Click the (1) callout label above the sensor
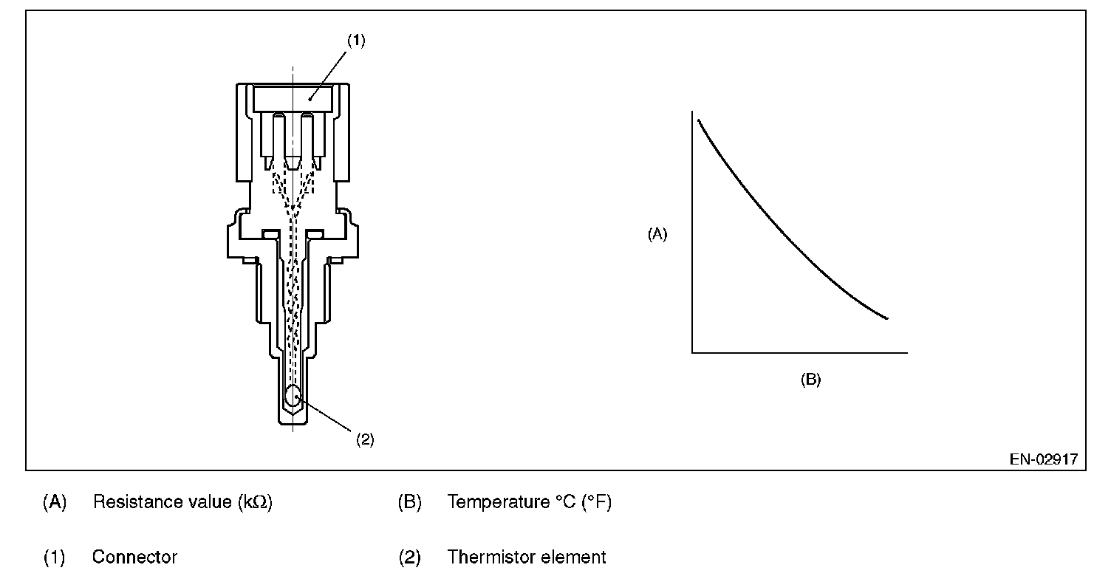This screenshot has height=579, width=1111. (356, 41)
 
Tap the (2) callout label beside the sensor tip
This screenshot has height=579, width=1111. (365, 439)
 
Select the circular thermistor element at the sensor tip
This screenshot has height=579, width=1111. (293, 395)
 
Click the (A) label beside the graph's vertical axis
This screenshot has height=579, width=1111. (657, 234)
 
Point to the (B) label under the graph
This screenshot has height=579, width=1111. (811, 380)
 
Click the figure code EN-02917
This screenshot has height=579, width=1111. (1044, 459)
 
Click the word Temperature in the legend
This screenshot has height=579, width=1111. (499, 502)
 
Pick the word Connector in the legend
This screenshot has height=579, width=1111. (134, 557)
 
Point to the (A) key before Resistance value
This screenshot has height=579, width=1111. (55, 502)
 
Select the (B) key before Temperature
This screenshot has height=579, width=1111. (410, 502)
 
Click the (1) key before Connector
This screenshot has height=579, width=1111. (54, 557)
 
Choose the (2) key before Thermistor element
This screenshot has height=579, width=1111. (410, 557)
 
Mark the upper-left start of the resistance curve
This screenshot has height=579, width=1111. (698, 120)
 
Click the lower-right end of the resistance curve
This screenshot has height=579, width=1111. (887, 319)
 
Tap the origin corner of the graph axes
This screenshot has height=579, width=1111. (692, 353)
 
